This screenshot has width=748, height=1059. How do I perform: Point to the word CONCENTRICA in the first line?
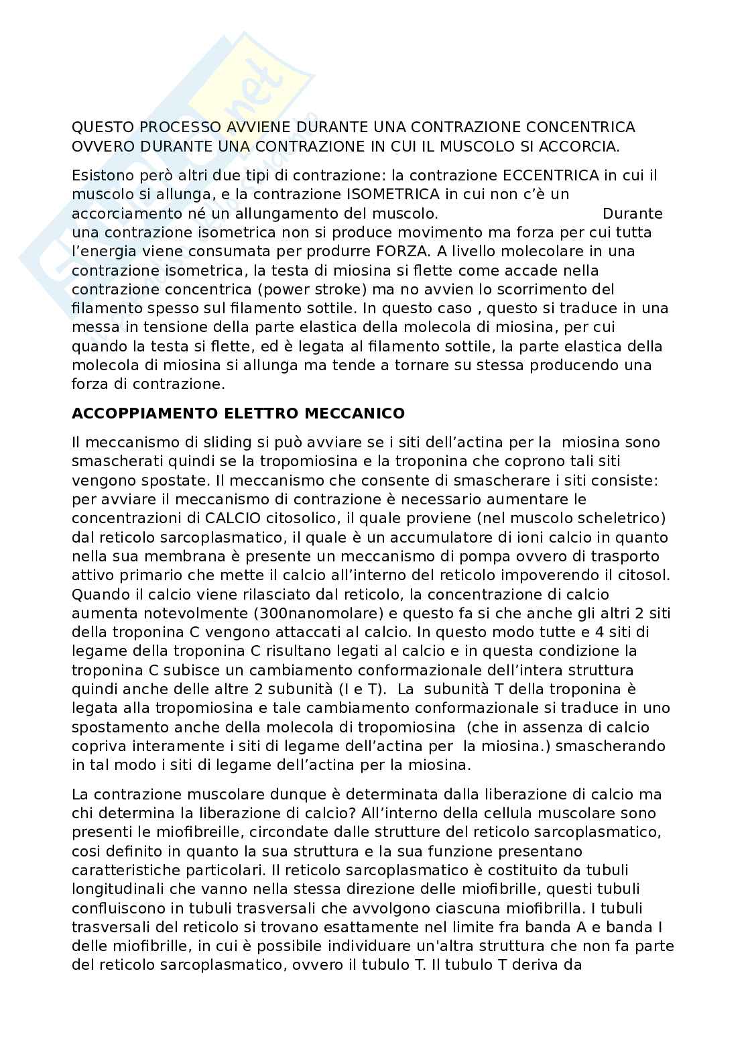pos(580,127)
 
